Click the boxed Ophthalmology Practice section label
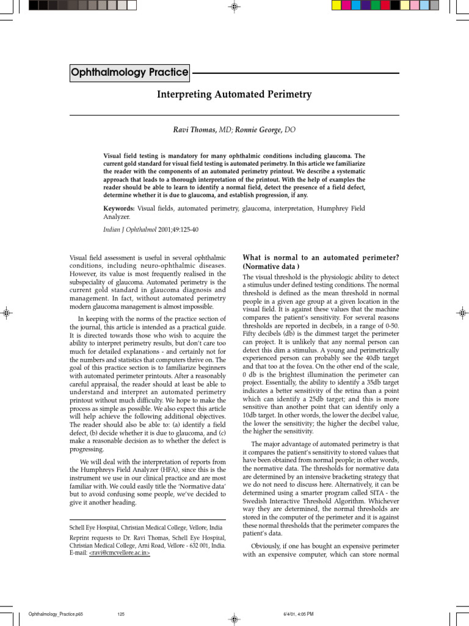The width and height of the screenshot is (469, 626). click(x=129, y=73)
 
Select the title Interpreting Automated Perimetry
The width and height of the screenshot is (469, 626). click(x=234, y=94)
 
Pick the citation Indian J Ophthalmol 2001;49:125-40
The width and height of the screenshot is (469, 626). click(x=150, y=230)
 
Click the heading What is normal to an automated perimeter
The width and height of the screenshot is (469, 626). click(x=321, y=257)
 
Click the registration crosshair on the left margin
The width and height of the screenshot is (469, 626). click(x=7, y=312)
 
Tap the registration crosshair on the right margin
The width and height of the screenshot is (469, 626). click(x=462, y=312)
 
